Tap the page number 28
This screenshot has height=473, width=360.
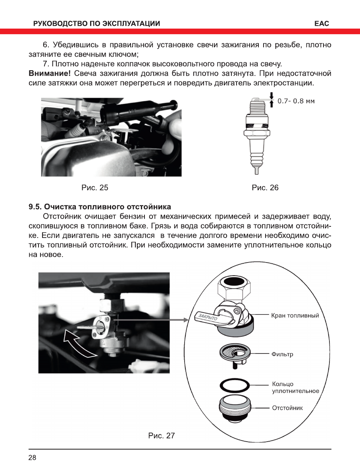click(32, 458)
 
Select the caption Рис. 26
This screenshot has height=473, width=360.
click(265, 187)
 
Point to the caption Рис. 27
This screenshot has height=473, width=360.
click(162, 436)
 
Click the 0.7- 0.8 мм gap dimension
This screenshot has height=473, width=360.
click(296, 101)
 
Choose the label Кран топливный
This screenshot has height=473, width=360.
click(295, 316)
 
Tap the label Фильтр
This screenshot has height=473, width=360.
click(282, 354)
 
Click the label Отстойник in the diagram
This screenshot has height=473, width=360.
click(287, 408)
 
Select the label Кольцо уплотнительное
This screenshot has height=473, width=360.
click(295, 388)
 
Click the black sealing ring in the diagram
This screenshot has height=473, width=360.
click(234, 385)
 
